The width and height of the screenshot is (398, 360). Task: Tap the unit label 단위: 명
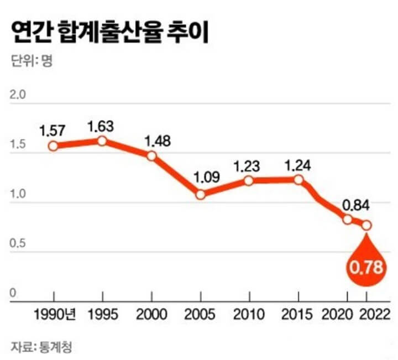(31, 61)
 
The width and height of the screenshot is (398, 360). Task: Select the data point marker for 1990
(53, 146)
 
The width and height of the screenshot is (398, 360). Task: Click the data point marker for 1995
(102, 141)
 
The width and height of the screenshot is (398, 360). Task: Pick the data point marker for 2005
(201, 195)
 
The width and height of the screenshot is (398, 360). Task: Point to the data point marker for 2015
(298, 180)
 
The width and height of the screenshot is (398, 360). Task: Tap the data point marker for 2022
(365, 225)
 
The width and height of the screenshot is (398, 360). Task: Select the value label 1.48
(158, 140)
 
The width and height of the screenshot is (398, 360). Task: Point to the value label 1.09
(207, 178)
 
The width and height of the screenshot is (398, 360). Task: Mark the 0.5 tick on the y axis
(19, 246)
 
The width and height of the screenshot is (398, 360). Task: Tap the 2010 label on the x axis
(249, 316)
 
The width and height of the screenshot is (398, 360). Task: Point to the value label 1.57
(53, 131)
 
